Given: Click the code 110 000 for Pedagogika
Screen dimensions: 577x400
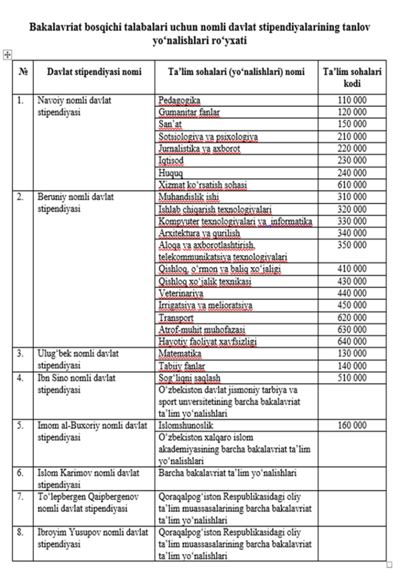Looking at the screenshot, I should click(x=352, y=100).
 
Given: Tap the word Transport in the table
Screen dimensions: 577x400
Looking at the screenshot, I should click(x=177, y=318).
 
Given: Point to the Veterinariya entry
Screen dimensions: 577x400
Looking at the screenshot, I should click(x=181, y=294).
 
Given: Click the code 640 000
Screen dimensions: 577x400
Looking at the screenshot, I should click(x=352, y=342).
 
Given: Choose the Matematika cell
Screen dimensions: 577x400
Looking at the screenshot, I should click(x=179, y=354).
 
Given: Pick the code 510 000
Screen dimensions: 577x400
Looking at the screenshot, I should click(x=352, y=378).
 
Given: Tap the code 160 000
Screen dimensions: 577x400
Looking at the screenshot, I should click(x=352, y=425).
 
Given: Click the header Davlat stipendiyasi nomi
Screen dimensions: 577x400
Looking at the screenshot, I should click(x=94, y=72).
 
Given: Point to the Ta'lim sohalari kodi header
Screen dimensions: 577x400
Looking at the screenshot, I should click(x=352, y=78).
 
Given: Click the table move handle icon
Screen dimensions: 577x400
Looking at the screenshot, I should click(x=7, y=54).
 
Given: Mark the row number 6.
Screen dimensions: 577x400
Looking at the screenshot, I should click(x=20, y=473).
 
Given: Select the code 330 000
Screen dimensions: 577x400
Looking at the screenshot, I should click(x=352, y=221).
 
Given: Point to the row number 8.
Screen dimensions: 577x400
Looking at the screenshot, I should click(x=20, y=532).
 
